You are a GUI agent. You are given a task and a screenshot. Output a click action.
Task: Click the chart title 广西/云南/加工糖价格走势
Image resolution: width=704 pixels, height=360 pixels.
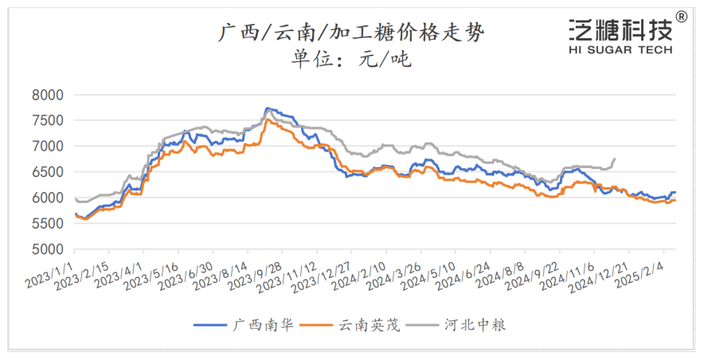coord(350,33)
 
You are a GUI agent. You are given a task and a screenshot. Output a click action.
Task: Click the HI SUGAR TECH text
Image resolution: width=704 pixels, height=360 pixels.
coord(620,49)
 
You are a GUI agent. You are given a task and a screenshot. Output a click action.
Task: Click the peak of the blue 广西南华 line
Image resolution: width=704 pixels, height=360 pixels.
coord(267,108)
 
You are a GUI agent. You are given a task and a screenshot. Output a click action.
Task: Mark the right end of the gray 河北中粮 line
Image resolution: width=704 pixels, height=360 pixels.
coord(614,158)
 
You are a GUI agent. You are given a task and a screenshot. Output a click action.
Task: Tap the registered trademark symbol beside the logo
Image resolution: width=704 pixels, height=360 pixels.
coord(682,15)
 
